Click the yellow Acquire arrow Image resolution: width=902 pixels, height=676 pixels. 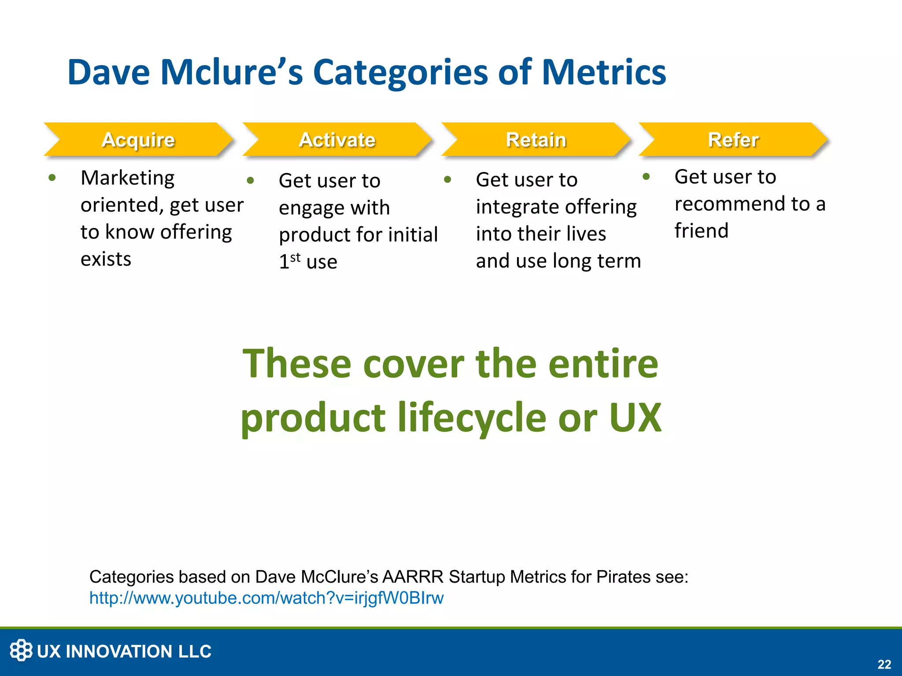(138, 140)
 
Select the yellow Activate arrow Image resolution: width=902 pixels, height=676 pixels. (337, 140)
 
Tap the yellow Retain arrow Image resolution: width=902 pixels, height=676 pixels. (536, 140)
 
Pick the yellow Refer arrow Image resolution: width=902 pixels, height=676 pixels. (733, 140)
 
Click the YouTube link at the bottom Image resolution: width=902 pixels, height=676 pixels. (266, 598)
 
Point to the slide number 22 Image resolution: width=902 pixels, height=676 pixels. (884, 664)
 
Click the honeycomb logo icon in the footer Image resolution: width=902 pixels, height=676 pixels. (21, 650)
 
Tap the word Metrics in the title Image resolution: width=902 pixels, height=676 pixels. (603, 72)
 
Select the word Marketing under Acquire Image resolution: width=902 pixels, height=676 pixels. (128, 178)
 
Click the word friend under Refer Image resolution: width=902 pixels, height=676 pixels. (701, 231)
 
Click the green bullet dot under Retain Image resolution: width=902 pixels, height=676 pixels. (448, 180)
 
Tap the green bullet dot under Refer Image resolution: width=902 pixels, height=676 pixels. (646, 177)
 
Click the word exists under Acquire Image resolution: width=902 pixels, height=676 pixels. (106, 259)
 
